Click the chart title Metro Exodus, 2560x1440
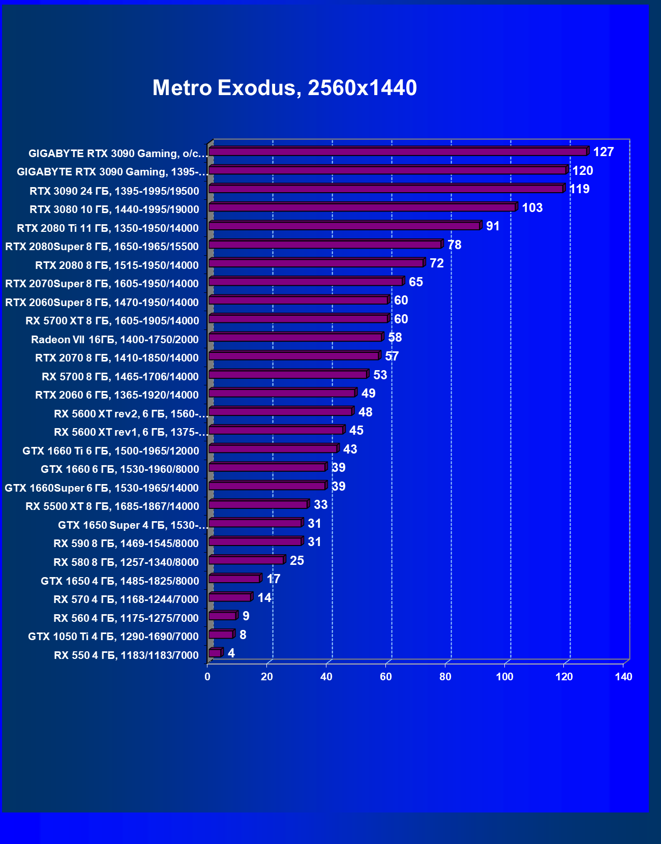click(285, 88)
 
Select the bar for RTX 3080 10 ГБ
click(362, 207)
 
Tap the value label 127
click(604, 152)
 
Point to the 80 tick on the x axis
click(445, 677)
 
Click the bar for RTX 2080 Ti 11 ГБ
click(344, 226)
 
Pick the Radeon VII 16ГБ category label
click(115, 340)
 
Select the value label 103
click(532, 208)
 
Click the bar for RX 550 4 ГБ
click(215, 653)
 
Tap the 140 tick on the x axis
click(624, 677)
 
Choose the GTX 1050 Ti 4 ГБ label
click(113, 637)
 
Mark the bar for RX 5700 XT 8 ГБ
click(298, 319)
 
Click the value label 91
click(493, 226)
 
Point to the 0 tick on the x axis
click(207, 677)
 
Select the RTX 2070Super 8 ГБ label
click(102, 284)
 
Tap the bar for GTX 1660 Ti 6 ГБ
click(273, 449)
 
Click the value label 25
click(297, 561)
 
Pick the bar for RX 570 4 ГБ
click(230, 597)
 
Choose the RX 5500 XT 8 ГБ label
click(112, 506)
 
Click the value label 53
click(380, 375)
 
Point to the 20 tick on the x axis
click(267, 677)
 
